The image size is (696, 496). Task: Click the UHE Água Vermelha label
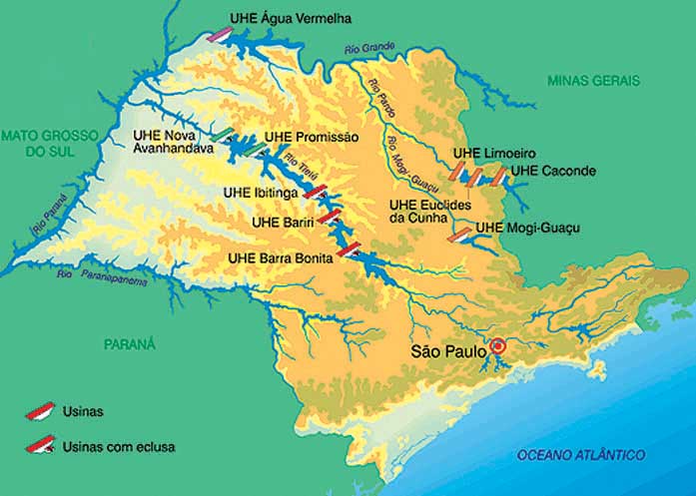pyautogui.click(x=296, y=18)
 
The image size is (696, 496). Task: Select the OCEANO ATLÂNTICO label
pyautogui.click(x=580, y=455)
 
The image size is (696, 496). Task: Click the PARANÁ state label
pyautogui.click(x=130, y=343)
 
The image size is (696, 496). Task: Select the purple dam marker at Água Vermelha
pyautogui.click(x=221, y=34)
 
